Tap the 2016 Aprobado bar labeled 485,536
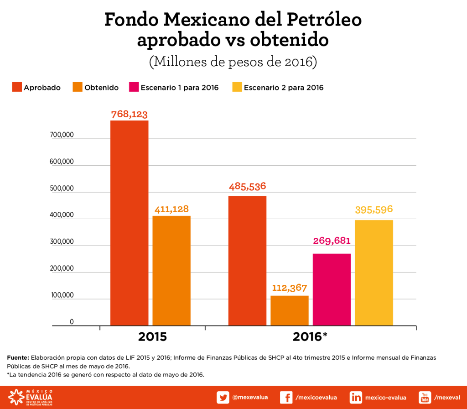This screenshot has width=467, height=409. (247, 261)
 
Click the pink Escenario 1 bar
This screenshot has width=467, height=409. (332, 289)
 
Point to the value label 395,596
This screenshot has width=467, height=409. (374, 210)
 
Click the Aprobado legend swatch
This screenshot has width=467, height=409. (17, 87)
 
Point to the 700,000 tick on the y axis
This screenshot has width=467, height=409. (61, 135)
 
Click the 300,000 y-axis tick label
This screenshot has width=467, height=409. (61, 241)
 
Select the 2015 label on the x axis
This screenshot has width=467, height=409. (152, 337)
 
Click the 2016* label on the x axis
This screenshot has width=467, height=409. (310, 337)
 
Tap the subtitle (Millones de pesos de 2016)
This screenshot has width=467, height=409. (233, 61)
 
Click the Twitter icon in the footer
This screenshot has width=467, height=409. (223, 397)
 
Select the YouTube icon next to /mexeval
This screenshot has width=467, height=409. (425, 397)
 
